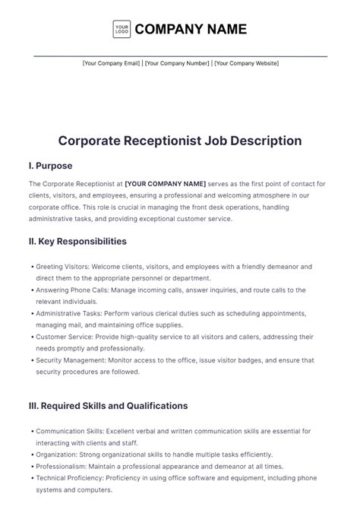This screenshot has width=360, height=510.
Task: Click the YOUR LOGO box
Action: coord(122,30)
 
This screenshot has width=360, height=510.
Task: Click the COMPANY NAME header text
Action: coord(191,30)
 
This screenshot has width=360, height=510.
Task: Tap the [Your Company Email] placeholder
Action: coord(111,64)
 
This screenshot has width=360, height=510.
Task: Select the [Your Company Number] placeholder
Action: coord(176,64)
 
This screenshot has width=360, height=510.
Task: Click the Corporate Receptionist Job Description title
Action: coord(180,141)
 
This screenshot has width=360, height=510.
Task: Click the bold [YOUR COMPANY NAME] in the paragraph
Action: coord(166,184)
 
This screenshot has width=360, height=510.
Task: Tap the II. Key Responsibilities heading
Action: coord(77,242)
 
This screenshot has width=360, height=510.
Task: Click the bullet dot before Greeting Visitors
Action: coord(31,267)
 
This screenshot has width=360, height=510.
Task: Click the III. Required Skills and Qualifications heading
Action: coord(108,406)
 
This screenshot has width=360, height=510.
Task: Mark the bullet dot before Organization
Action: coord(31,455)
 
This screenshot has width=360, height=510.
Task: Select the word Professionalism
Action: coord(61,466)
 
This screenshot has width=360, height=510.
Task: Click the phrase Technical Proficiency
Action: coord(68,478)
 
